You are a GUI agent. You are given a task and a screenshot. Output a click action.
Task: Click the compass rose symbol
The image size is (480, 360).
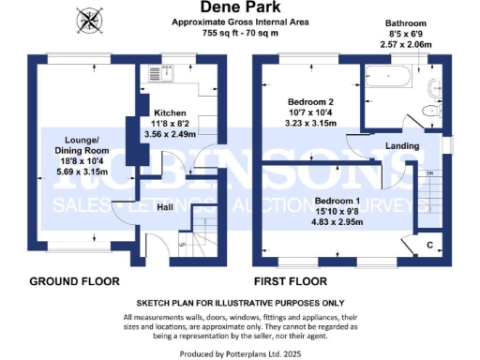click(x=90, y=18)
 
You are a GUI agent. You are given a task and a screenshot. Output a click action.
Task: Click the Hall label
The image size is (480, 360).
click(x=164, y=207)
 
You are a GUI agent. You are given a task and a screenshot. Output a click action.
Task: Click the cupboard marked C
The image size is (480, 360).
click(x=430, y=244)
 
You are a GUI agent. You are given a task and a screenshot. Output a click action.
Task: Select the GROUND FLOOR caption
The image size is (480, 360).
click(x=74, y=281)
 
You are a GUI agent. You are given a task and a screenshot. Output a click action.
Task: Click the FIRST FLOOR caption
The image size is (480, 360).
click(x=292, y=281)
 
